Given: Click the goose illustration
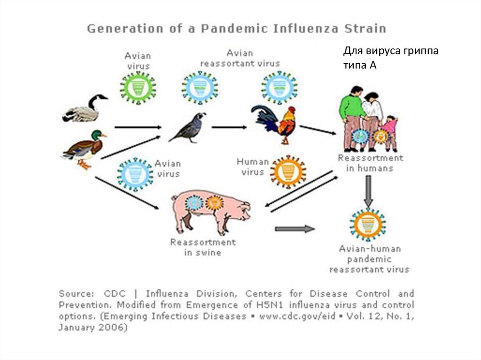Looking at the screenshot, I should point(85,109).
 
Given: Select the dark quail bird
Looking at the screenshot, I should point(188,128).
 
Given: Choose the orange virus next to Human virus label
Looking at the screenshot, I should point(288,172).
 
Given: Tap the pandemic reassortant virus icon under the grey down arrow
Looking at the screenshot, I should point(368,224).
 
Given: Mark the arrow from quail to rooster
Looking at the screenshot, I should point(229,127).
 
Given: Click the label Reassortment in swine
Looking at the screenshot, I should point(203,247).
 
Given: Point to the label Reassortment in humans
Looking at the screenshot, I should point(370,163).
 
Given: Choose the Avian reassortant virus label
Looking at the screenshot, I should point(240,58).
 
